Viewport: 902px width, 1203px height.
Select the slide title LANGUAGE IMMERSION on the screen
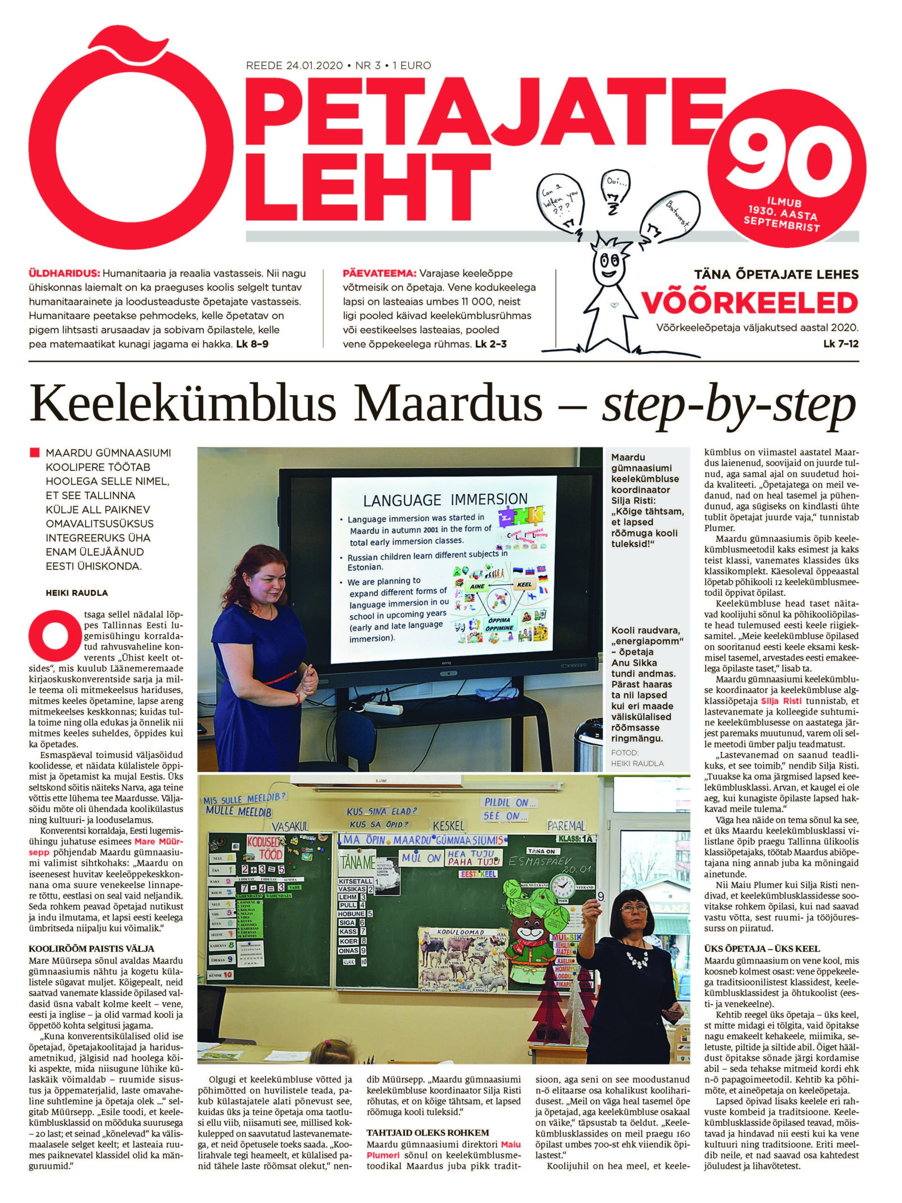pos(445,499)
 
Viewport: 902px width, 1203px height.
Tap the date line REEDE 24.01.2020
pos(294,66)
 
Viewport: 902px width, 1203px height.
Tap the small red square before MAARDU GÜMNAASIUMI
pos(35,453)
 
